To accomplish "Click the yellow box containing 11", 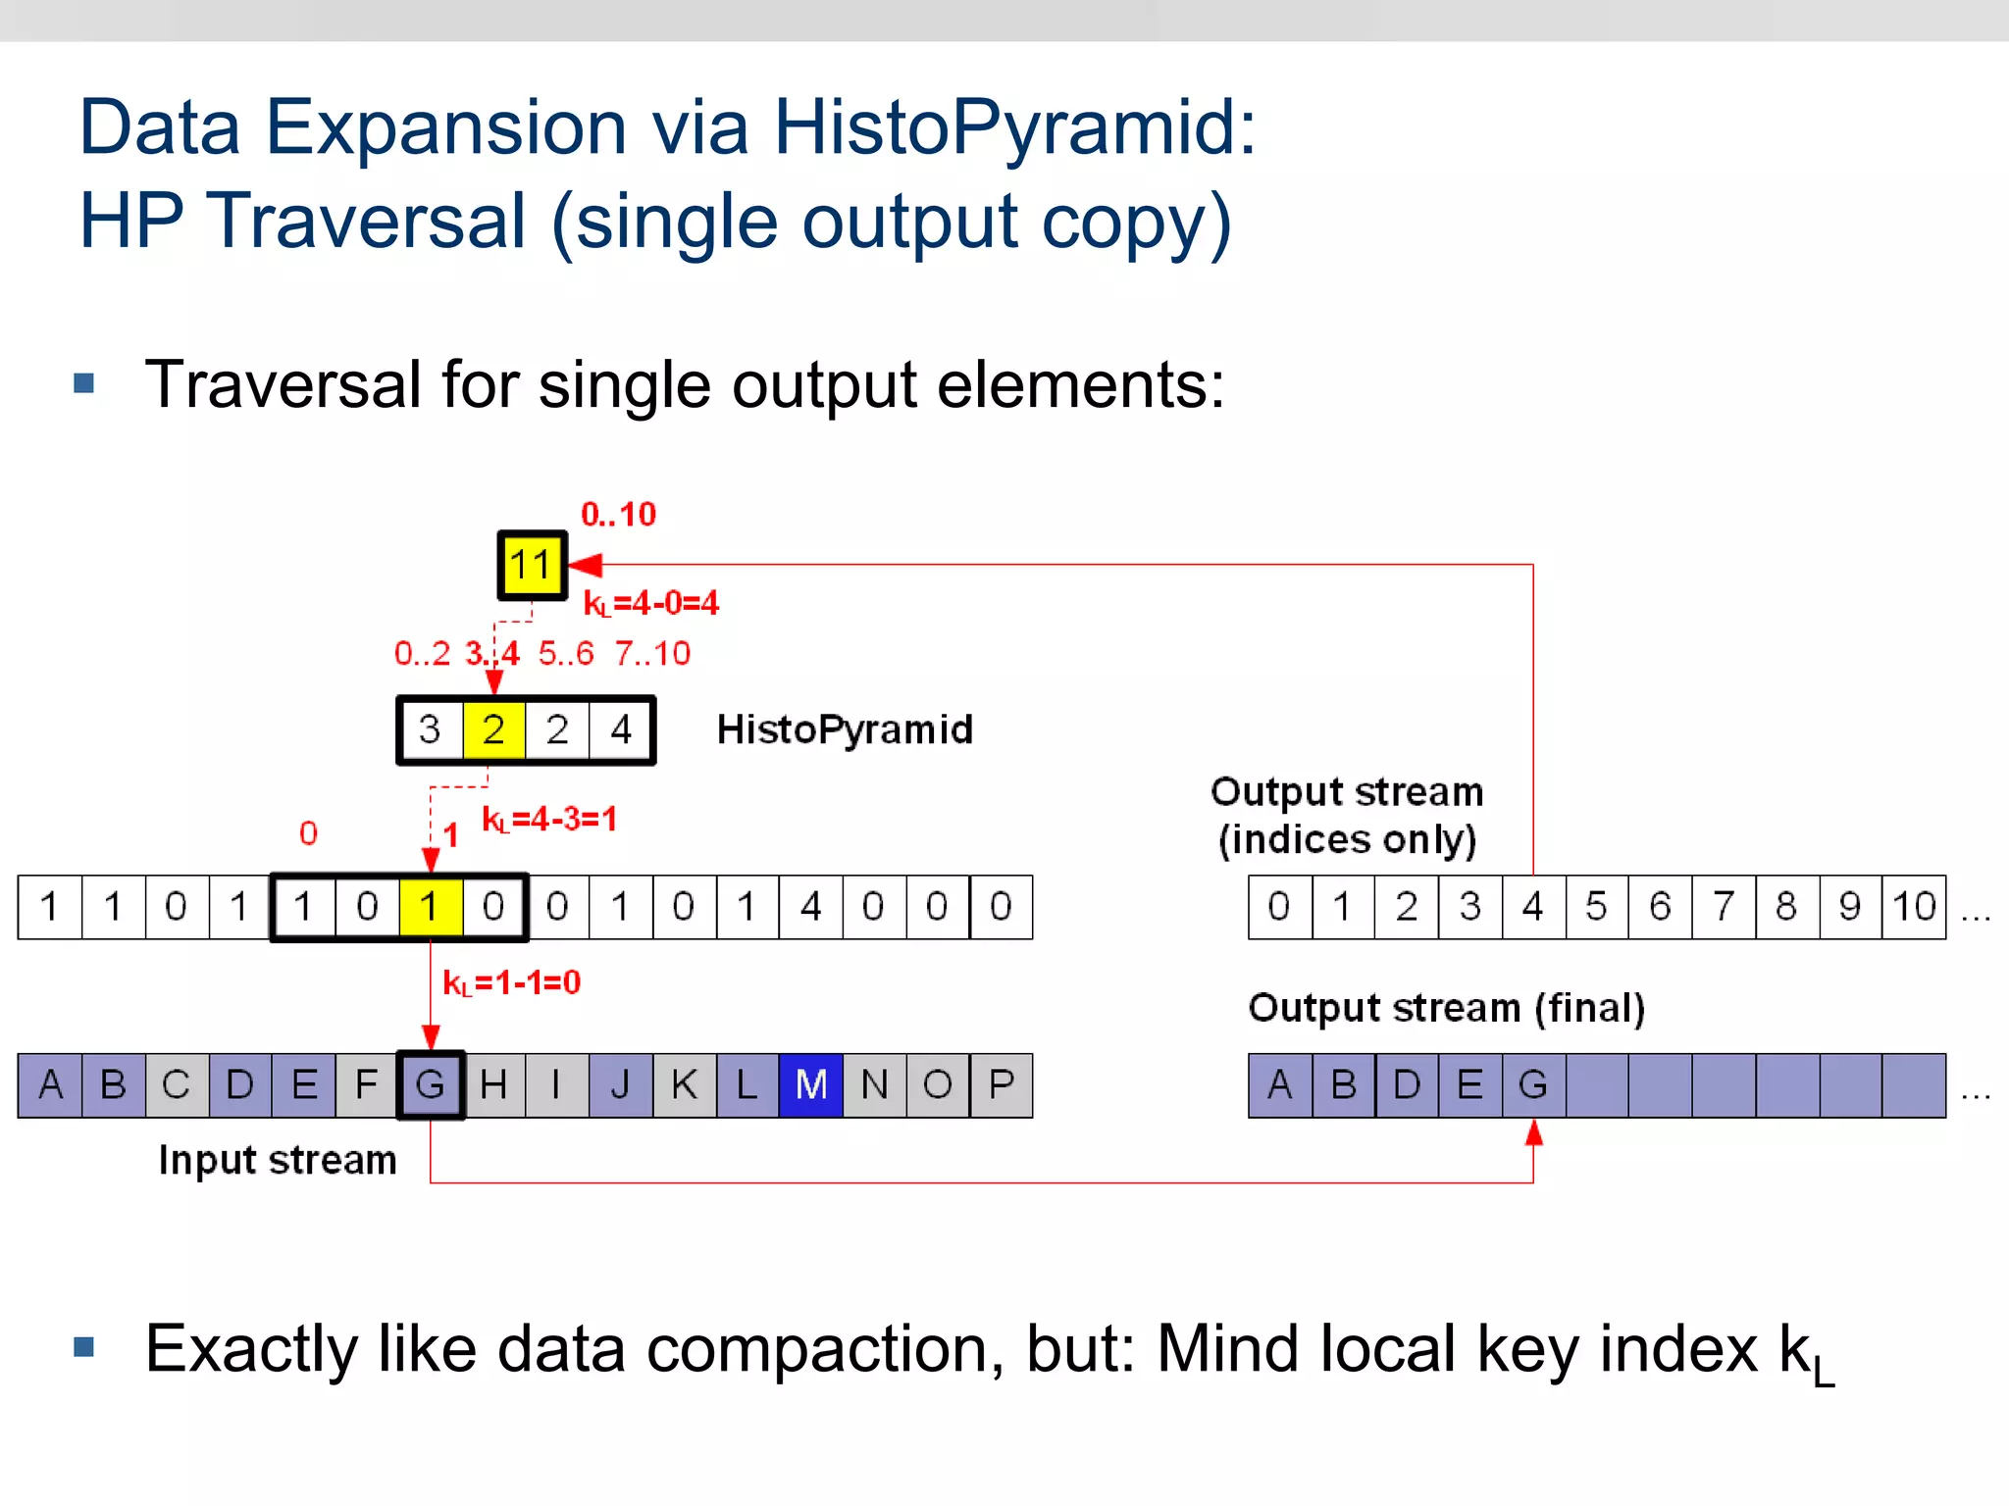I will point(532,565).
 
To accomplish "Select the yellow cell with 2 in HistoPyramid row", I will point(493,729).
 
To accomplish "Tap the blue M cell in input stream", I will point(810,1085).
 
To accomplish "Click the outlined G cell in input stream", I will point(431,1085).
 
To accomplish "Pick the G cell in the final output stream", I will point(1533,1085).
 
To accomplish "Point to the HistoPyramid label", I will point(845,729).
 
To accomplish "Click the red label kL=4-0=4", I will point(651,603).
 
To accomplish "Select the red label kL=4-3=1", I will point(549,819).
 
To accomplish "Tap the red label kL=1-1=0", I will point(512,982).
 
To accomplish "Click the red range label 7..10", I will point(652,653).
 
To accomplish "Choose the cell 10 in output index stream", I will point(1914,907).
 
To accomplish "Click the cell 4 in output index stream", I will point(1533,907).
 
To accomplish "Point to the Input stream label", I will point(278,1160).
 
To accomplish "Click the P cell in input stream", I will point(1001,1085).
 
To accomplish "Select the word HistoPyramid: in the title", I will point(1014,127).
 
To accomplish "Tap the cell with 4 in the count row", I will point(810,907).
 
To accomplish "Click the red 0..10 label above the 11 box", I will point(618,514).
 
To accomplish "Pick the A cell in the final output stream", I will point(1279,1085).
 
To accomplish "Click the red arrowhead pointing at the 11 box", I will point(585,565).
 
